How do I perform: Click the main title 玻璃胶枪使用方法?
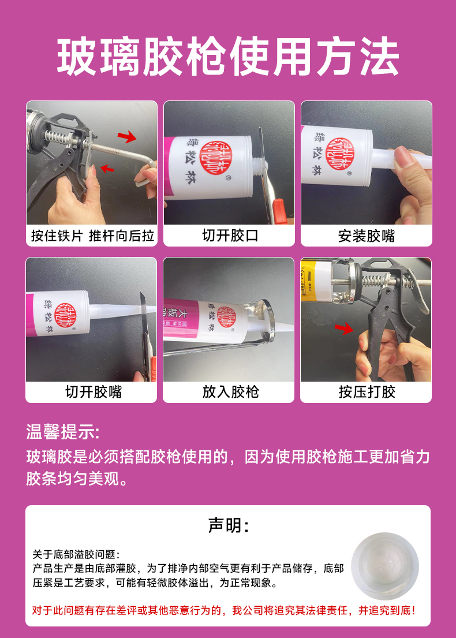228,57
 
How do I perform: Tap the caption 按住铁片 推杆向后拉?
93,236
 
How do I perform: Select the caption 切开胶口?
230,236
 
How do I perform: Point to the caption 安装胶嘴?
367,236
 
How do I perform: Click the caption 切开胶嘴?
94,392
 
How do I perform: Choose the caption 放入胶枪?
231,392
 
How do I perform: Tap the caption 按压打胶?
367,392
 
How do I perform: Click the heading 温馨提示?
63,432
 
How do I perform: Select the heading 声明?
228,525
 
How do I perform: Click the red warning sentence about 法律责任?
224,610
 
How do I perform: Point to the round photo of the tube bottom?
385,566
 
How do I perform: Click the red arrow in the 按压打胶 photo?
344,328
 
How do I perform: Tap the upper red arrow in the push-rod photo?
127,137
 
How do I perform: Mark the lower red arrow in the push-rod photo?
107,168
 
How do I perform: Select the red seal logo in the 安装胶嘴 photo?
341,155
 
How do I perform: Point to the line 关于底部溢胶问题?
76,554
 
